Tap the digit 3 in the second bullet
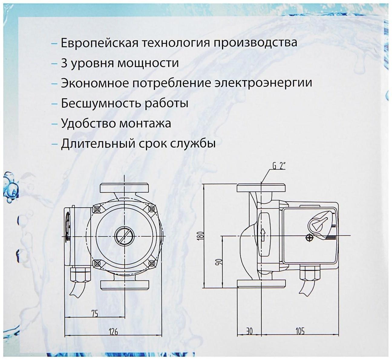[64, 63]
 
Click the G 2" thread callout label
[279, 166]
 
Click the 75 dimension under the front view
[95, 314]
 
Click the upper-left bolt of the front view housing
[97, 209]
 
